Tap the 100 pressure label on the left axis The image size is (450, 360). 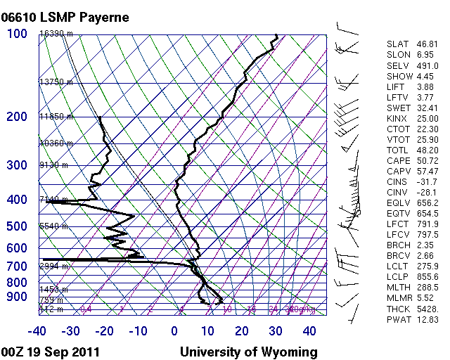tap(17, 33)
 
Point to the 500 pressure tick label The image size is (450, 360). tap(17, 226)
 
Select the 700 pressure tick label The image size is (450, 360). tap(17, 266)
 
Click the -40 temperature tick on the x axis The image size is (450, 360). tap(37, 330)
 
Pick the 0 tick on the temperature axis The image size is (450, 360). tap(174, 330)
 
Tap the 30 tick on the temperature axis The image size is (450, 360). tap(276, 330)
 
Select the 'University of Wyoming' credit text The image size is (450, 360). tap(249, 352)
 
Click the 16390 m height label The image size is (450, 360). tap(53, 33)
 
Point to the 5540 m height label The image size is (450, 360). tap(53, 226)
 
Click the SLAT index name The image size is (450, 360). tap(397, 44)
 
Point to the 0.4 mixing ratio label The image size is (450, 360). tap(86, 309)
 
